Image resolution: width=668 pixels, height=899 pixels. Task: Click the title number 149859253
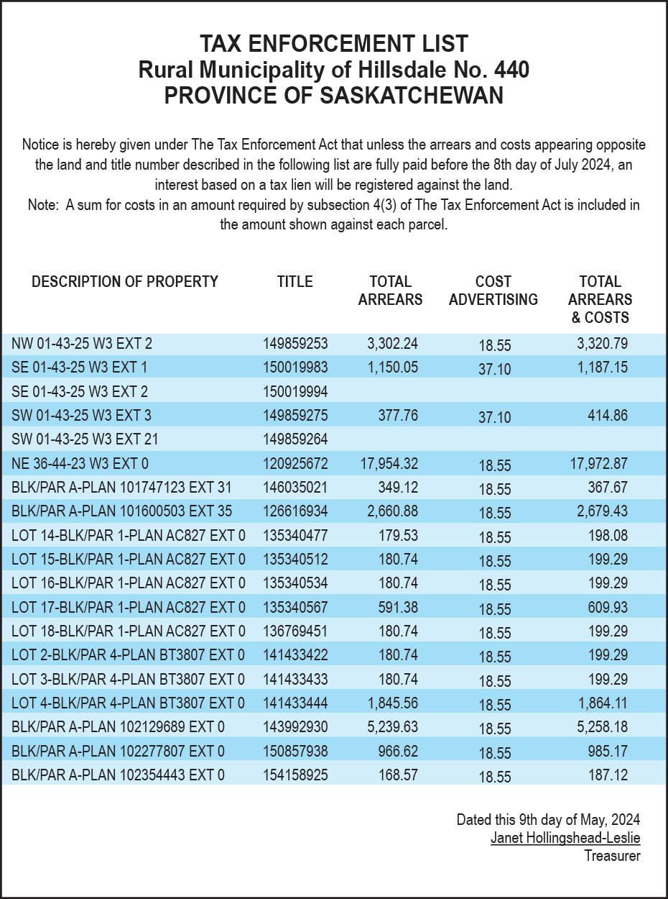(x=294, y=344)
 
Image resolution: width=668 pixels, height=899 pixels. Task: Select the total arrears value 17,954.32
(x=389, y=464)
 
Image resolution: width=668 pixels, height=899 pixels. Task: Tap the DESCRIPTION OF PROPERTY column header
(x=124, y=281)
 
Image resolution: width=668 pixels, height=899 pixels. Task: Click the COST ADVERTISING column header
(x=493, y=291)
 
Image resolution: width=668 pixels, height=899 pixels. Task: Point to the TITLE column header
(x=294, y=281)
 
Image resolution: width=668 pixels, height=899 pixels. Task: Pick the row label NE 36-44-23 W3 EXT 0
(x=80, y=464)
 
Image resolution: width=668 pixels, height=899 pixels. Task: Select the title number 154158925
(x=294, y=775)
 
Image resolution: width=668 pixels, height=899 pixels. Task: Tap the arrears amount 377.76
(x=398, y=416)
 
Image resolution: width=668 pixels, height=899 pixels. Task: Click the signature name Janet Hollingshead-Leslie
(x=565, y=838)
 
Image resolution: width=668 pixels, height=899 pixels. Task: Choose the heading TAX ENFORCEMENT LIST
(x=334, y=44)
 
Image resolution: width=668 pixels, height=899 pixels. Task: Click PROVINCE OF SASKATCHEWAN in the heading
(x=334, y=95)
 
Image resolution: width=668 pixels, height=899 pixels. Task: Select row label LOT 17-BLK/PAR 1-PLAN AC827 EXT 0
(x=128, y=608)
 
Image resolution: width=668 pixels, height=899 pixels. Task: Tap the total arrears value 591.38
(x=398, y=608)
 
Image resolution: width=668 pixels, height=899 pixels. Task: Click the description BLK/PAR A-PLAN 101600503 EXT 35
(x=121, y=511)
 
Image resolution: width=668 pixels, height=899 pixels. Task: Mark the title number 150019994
(x=294, y=392)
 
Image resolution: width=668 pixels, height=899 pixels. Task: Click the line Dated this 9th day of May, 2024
(x=548, y=819)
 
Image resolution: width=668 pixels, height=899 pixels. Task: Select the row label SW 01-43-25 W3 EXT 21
(x=85, y=439)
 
